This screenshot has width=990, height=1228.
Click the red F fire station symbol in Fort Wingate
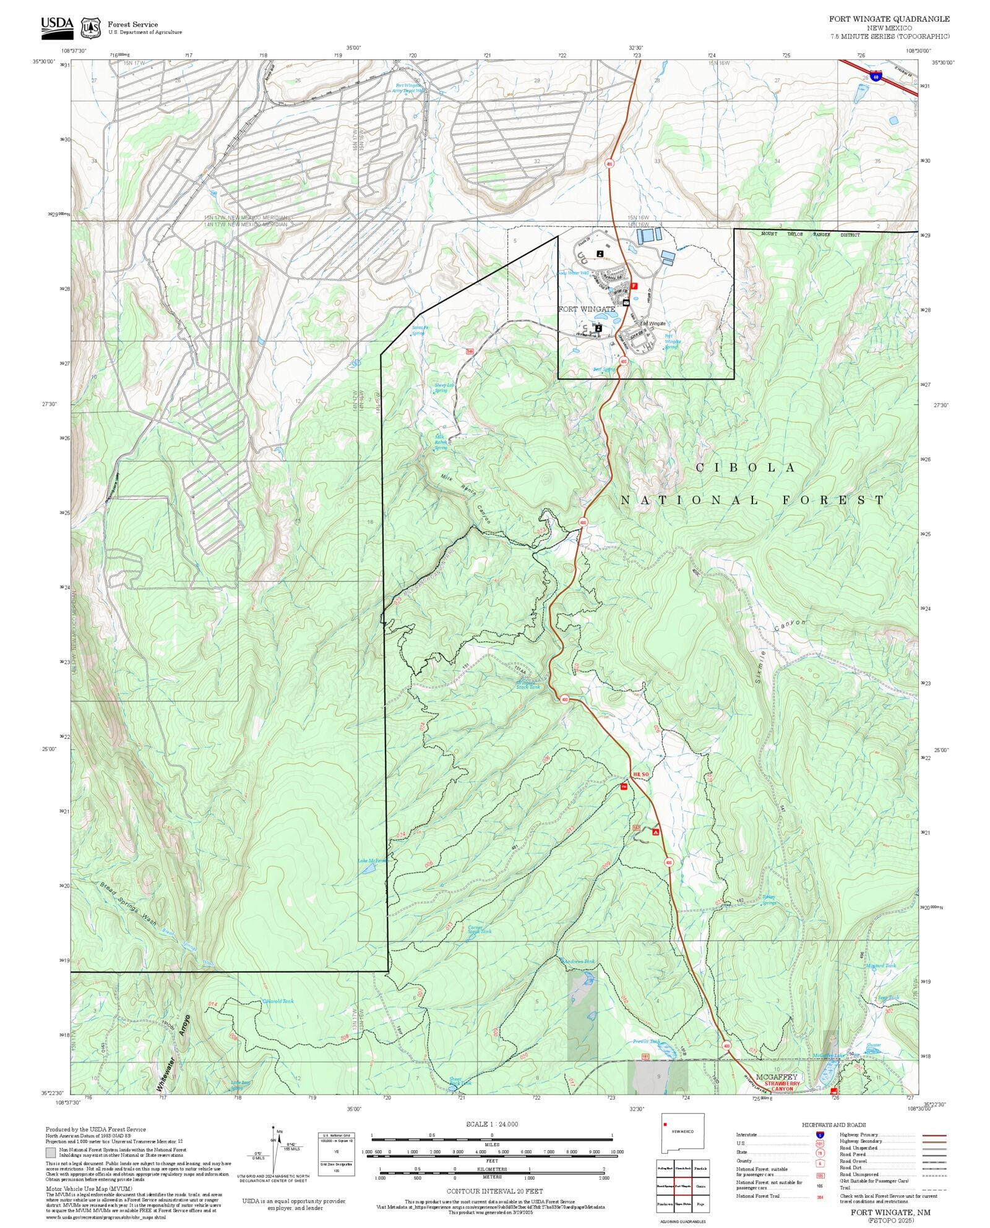(634, 286)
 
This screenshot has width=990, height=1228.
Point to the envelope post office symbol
(626, 302)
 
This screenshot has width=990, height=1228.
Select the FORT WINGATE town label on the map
(586, 309)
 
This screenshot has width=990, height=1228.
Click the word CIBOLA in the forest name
(746, 468)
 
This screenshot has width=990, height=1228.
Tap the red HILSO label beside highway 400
(640, 775)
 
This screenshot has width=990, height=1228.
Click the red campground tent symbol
(655, 832)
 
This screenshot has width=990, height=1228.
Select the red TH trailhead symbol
(624, 787)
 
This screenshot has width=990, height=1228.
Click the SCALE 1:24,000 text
(492, 1124)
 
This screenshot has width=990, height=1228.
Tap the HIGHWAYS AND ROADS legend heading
(833, 1125)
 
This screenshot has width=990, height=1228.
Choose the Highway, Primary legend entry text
(859, 1135)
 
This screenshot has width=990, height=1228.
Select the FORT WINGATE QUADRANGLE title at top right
(889, 19)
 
